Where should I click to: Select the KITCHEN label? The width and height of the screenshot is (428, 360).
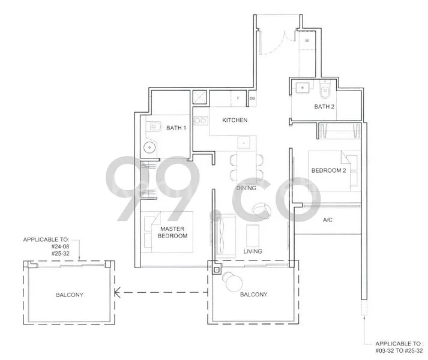[x=235, y=120]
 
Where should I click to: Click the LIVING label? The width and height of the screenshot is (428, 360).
[x=252, y=251]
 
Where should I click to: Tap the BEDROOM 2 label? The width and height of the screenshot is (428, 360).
[x=328, y=171]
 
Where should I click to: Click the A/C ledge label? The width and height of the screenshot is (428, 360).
[x=328, y=220]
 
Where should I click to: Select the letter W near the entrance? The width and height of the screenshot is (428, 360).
[x=307, y=41]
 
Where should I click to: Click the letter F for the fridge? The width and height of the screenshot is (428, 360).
[x=238, y=98]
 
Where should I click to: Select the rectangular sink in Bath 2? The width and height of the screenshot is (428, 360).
[x=303, y=88]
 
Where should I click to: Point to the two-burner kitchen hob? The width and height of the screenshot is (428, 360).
[x=200, y=121]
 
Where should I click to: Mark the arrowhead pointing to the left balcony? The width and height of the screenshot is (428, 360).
[x=118, y=293]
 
